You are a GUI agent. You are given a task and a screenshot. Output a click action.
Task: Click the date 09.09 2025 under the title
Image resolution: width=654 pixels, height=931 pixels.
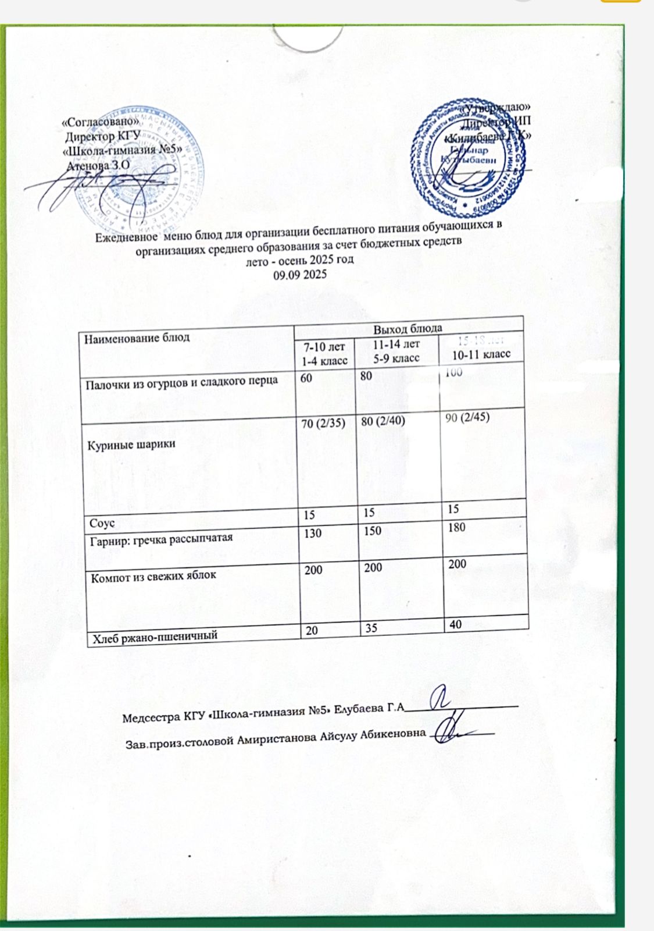300,274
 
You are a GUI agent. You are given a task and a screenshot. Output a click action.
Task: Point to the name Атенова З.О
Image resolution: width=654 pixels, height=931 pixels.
98,165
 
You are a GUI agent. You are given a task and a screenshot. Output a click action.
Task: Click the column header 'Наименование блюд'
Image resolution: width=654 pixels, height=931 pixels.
137,337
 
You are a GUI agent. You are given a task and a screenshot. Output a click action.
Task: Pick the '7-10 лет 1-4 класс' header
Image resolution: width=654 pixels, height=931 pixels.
324,354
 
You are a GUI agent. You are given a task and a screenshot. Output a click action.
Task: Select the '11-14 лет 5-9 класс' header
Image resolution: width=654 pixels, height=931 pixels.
396,351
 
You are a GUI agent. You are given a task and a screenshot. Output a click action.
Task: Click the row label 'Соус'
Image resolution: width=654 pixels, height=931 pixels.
101,523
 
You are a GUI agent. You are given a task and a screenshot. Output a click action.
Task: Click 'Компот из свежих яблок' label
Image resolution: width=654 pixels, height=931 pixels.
153,576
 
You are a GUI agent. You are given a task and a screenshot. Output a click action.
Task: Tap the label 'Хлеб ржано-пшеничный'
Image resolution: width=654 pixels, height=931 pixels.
153,636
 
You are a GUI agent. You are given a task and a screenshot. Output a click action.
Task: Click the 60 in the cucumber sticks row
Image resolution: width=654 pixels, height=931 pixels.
306,378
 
